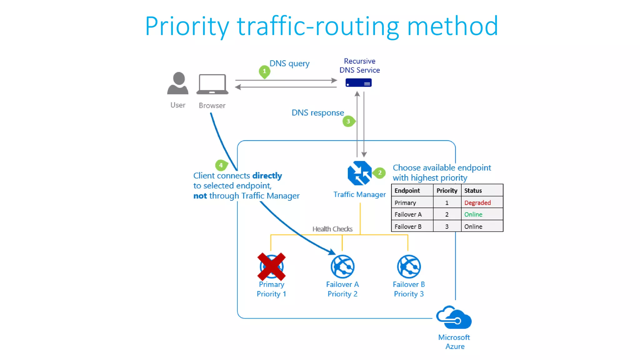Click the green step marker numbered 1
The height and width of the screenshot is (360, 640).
[x=264, y=71]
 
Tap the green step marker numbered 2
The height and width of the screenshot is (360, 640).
[x=379, y=172]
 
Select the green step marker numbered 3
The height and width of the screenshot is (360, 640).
[x=348, y=121]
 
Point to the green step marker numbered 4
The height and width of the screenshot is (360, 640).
[x=221, y=165]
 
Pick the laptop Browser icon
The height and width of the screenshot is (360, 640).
[x=212, y=84]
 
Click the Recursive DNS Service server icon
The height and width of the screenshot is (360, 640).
[x=358, y=83]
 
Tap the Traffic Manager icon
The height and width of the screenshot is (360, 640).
[x=360, y=173]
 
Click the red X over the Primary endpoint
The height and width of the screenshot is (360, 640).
[x=271, y=267]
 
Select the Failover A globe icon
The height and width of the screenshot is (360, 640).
[x=342, y=267]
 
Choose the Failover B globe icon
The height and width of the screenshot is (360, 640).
[x=409, y=267]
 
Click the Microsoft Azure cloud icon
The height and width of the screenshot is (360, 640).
[x=454, y=317]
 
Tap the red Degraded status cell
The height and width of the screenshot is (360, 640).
[x=477, y=202]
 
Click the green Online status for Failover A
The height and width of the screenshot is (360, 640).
[x=473, y=214]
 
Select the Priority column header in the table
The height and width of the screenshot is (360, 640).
[x=447, y=190]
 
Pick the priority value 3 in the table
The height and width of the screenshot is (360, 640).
[x=447, y=227]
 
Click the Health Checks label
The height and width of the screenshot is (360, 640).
[x=332, y=229]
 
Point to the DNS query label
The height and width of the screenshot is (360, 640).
[x=289, y=63]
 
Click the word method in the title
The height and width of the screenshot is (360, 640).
[x=452, y=26]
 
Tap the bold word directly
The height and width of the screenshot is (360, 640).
[x=267, y=176]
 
